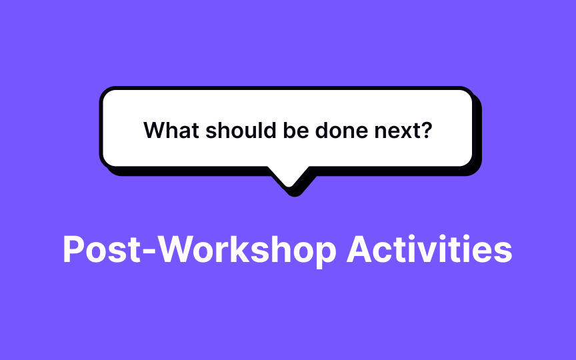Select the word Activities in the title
(x=430, y=249)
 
